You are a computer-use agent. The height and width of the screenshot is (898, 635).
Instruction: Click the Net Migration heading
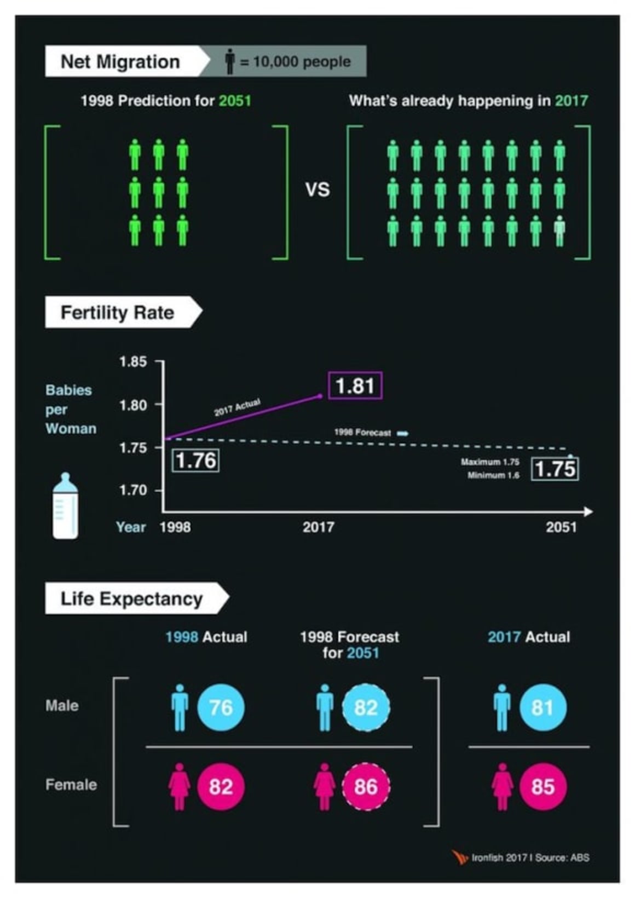tap(120, 61)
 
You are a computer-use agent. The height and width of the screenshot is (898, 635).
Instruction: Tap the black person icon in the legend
tap(230, 61)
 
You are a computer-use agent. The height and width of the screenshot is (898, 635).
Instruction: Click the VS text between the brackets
tap(317, 189)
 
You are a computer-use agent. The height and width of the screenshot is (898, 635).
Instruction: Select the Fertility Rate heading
tap(117, 312)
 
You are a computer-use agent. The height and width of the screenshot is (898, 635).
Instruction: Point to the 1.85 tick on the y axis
tap(133, 361)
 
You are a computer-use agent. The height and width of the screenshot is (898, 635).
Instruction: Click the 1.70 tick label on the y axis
tap(133, 490)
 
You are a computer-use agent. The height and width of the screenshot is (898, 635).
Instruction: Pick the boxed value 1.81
tap(355, 386)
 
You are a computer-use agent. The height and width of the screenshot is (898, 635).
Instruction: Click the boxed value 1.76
tap(196, 460)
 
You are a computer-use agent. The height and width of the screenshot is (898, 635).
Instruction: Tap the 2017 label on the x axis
tap(318, 527)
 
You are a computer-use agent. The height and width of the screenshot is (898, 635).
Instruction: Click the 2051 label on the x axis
tap(561, 527)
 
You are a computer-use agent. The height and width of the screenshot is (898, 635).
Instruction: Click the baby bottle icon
tap(65, 506)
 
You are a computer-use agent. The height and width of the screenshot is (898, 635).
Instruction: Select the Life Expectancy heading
tap(131, 598)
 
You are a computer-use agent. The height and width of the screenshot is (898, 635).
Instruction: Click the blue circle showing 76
tap(221, 707)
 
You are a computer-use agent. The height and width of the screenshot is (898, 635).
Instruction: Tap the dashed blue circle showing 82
tap(366, 707)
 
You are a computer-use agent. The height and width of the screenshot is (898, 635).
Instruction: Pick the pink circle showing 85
tap(542, 787)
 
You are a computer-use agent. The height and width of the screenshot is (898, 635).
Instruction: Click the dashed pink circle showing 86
tap(366, 787)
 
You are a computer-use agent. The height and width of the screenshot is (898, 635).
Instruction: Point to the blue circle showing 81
tap(542, 707)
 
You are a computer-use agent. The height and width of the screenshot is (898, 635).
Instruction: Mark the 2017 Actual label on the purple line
tap(237, 407)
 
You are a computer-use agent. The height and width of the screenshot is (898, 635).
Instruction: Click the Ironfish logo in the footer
tap(460, 857)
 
